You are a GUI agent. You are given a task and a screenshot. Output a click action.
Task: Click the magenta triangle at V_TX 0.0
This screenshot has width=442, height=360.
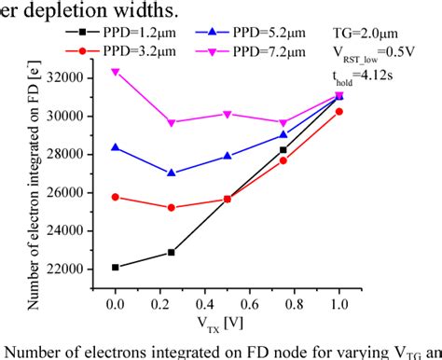pyautogui.click(x=115, y=71)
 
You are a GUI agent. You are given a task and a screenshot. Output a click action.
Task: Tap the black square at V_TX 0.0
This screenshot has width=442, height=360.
pyautogui.click(x=115, y=267)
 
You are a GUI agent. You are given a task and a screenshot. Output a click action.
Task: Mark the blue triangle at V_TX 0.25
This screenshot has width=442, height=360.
pyautogui.click(x=171, y=173)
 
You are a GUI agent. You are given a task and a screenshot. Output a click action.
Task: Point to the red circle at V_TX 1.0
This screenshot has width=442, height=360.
pyautogui.click(x=338, y=111)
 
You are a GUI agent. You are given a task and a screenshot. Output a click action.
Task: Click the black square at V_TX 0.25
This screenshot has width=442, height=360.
pyautogui.click(x=171, y=252)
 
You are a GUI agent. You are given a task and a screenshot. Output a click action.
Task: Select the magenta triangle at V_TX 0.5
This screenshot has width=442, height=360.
pyautogui.click(x=227, y=114)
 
